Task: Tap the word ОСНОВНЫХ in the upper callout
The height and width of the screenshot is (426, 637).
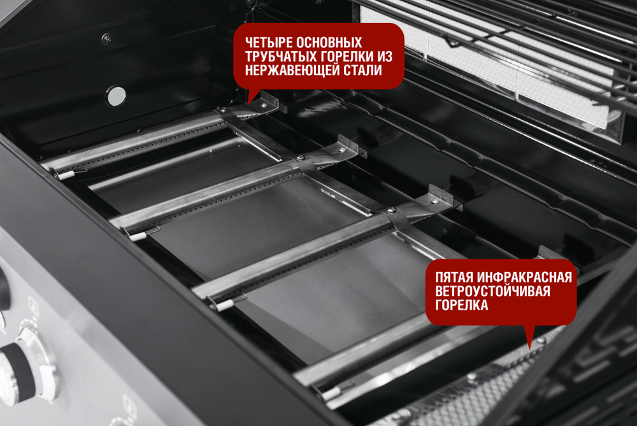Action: pyautogui.click(x=330, y=42)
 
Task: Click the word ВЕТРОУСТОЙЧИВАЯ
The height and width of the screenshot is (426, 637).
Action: pyautogui.click(x=492, y=292)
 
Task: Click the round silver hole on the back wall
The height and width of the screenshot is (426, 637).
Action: pyautogui.click(x=116, y=96)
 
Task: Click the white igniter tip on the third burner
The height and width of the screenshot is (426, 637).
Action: pyautogui.click(x=224, y=305)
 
